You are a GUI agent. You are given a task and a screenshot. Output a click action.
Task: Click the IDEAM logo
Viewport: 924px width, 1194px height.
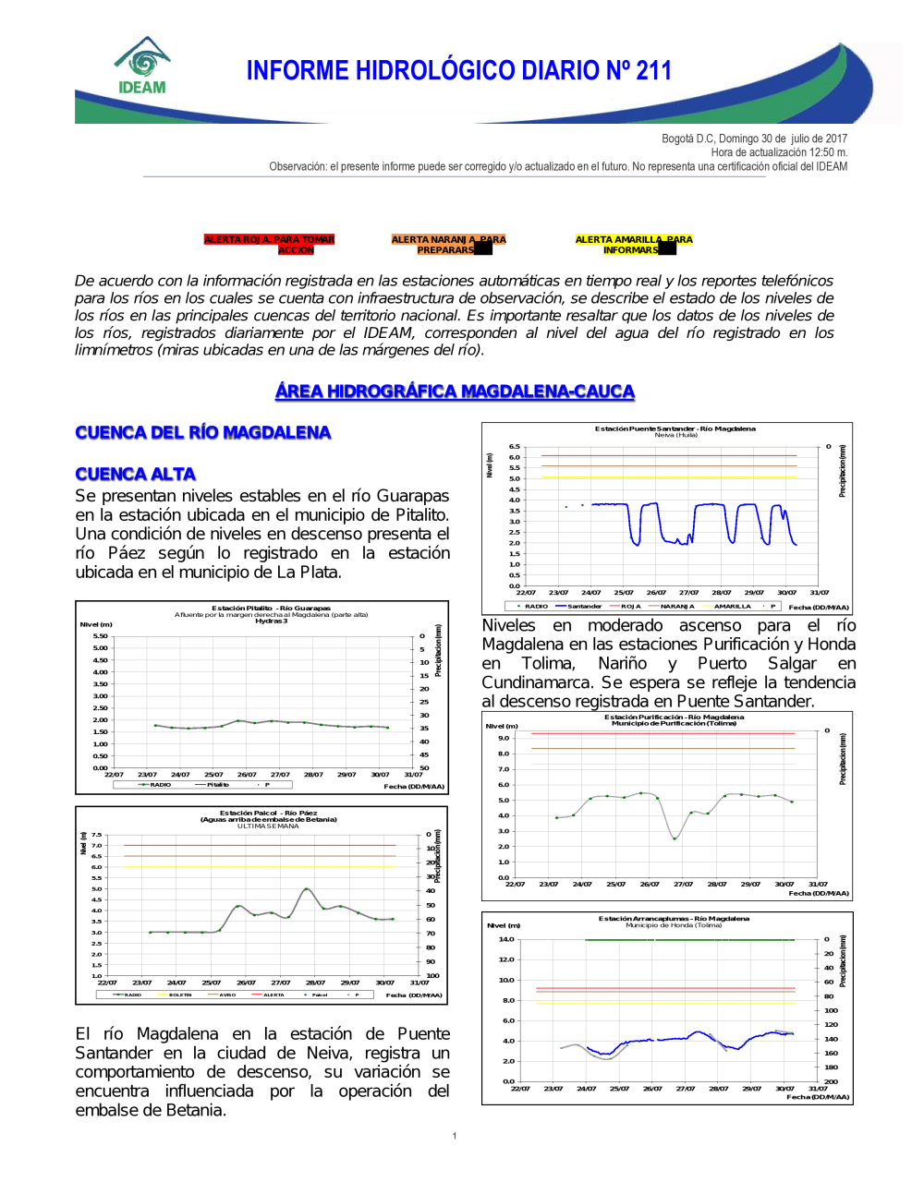point(142,66)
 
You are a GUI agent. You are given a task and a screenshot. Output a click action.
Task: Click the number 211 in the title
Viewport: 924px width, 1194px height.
point(653,71)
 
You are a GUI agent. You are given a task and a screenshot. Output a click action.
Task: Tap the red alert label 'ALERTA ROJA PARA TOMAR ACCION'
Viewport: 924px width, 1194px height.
point(269,245)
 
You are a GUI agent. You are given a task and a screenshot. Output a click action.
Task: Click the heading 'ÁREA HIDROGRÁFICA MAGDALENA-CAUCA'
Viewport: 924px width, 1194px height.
point(455,392)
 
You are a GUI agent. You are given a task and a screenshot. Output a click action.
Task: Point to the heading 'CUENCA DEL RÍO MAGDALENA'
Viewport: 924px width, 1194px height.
point(202,433)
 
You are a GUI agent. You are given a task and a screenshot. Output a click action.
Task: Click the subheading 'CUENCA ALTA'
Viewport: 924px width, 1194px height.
point(135,475)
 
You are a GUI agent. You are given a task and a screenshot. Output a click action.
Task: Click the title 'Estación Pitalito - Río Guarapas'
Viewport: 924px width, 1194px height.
point(271,609)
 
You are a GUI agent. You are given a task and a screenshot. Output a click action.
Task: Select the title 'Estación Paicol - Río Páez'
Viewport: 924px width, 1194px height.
point(268,814)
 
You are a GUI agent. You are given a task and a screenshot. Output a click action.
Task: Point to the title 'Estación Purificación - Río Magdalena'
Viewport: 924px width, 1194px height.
point(674,717)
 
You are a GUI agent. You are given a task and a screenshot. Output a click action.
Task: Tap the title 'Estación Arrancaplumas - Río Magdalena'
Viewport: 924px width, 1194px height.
point(674,919)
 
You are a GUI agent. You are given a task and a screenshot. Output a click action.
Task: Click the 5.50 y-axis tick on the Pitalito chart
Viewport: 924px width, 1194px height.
point(100,636)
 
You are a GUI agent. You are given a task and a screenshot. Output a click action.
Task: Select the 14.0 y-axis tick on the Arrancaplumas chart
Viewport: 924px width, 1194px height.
point(506,939)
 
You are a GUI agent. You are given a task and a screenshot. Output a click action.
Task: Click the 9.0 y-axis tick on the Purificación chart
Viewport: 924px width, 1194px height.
point(504,738)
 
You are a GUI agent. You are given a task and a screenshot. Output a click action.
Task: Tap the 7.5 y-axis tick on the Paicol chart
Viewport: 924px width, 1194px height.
point(96,835)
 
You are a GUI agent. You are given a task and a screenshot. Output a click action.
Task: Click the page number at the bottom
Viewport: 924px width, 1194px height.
point(455,1136)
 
